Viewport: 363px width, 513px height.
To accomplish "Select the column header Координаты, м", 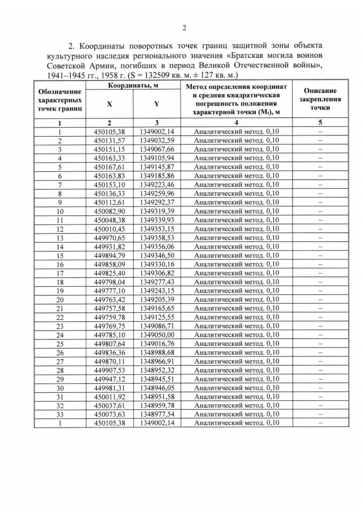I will pyautogui.click(x=133, y=85).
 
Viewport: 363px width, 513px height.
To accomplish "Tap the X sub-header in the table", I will pyautogui.click(x=109, y=104).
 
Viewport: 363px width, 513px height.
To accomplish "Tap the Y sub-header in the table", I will pyautogui.click(x=156, y=104).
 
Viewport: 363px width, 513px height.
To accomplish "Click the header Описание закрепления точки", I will pyautogui.click(x=320, y=99).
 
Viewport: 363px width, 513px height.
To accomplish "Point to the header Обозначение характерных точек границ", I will pyautogui.click(x=60, y=99).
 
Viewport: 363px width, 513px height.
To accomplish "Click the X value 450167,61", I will pyautogui.click(x=109, y=167).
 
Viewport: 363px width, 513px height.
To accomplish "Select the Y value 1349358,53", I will pyautogui.click(x=156, y=238).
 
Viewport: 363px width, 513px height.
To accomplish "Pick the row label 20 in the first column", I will pyautogui.click(x=60, y=299).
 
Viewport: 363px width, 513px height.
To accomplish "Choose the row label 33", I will pyautogui.click(x=60, y=414).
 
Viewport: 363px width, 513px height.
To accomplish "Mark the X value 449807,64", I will pyautogui.click(x=109, y=344).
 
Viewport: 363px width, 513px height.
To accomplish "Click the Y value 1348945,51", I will pyautogui.click(x=156, y=379).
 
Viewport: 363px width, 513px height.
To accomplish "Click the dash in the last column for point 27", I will pyautogui.click(x=320, y=361).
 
